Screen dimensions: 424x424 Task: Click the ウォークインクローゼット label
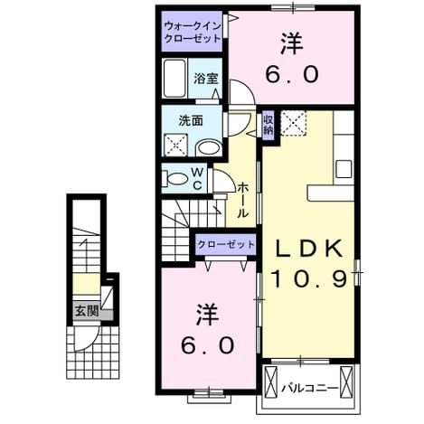pyautogui.click(x=193, y=33)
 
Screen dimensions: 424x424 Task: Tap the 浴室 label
pyautogui.click(x=206, y=79)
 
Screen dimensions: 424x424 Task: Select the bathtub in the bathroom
pyautogui.click(x=174, y=79)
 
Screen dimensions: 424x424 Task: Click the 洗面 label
pyautogui.click(x=191, y=121)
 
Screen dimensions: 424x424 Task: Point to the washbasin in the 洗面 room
pyautogui.click(x=209, y=148)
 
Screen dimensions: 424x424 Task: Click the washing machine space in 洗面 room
pyautogui.click(x=176, y=146)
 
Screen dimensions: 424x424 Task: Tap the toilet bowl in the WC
pyautogui.click(x=176, y=179)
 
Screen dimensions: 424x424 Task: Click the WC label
pyautogui.click(x=197, y=179)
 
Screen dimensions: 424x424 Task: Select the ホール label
pyautogui.click(x=243, y=200)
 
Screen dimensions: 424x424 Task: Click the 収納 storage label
pyautogui.click(x=269, y=125)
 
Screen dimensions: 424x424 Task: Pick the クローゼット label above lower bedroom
pyautogui.click(x=226, y=244)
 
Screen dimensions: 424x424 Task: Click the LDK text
pyautogui.click(x=309, y=249)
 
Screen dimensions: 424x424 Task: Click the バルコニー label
pyautogui.click(x=309, y=388)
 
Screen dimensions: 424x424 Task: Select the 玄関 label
pyautogui.click(x=87, y=311)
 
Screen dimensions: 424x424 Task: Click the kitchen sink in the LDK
pyautogui.click(x=344, y=169)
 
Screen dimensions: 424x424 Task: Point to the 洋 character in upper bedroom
pyautogui.click(x=291, y=44)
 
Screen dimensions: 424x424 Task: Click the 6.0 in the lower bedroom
pyautogui.click(x=207, y=345)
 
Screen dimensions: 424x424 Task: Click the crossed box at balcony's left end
pyautogui.click(x=270, y=382)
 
